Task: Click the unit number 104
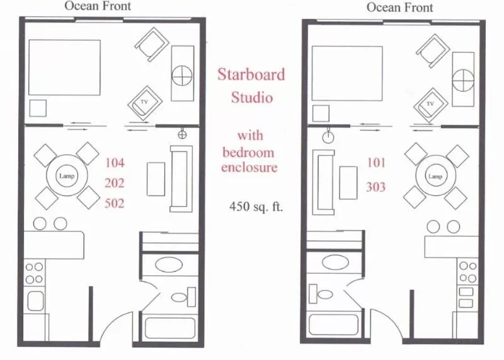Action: click(x=115, y=163)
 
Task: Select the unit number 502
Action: click(x=115, y=203)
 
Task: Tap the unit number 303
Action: click(x=376, y=187)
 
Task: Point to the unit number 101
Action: click(x=376, y=163)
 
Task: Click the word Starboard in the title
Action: click(x=251, y=74)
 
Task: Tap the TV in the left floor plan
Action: click(x=144, y=102)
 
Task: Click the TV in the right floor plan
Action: click(x=431, y=103)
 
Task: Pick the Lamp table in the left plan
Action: click(x=67, y=176)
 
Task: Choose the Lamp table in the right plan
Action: click(x=436, y=177)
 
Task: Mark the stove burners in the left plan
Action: click(x=34, y=272)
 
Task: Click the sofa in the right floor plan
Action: click(x=326, y=182)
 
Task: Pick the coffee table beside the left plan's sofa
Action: click(x=156, y=179)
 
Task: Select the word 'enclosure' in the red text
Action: click(x=249, y=168)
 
